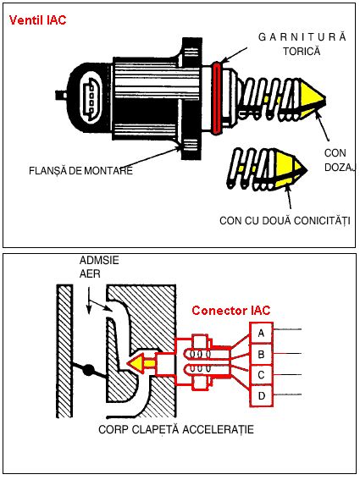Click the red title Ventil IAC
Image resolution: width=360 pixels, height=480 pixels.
[37, 20]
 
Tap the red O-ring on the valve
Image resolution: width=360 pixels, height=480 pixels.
[217, 98]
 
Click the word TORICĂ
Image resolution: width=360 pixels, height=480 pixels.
[302, 51]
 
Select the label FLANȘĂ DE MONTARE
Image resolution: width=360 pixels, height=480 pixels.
[80, 170]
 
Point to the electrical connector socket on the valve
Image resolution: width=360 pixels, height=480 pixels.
[90, 98]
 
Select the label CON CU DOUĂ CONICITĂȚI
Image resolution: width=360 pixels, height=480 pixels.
[285, 221]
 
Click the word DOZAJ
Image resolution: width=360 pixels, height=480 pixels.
[340, 168]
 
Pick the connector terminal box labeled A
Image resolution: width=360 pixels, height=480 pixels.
[262, 333]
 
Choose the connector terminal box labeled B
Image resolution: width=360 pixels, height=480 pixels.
[262, 354]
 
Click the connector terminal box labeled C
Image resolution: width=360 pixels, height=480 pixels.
[262, 375]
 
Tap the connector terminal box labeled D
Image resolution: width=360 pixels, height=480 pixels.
[262, 396]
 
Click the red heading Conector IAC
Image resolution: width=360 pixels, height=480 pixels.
[231, 311]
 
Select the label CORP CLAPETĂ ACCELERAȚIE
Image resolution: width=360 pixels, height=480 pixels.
[176, 429]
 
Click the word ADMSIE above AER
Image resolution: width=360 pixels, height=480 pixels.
[99, 261]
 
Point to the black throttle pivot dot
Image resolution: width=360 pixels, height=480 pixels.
[88, 370]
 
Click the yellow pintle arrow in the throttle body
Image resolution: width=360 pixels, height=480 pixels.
[141, 363]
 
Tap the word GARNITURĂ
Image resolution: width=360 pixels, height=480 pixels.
[302, 37]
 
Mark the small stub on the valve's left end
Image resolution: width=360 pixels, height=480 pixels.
[62, 95]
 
